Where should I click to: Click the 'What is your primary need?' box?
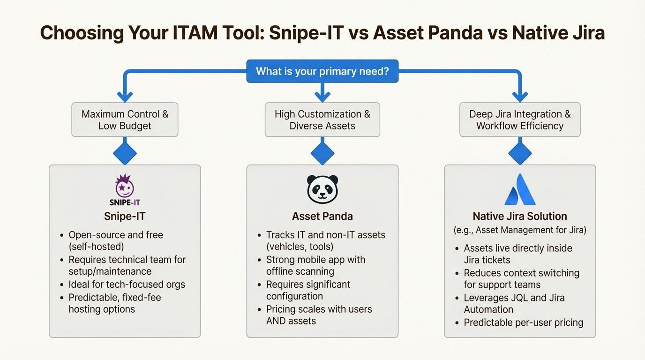tap(322, 71)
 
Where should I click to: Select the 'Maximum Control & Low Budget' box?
tap(125, 120)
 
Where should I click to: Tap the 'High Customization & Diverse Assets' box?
tap(322, 120)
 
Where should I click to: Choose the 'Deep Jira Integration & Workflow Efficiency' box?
tap(520, 120)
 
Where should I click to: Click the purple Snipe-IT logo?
tap(125, 190)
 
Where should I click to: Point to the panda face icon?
tap(322, 189)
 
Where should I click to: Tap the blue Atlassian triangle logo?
tap(520, 190)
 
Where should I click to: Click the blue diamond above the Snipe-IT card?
tap(125, 153)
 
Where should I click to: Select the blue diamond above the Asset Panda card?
tap(322, 153)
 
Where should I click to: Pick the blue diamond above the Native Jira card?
tap(520, 153)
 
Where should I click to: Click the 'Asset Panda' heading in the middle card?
tap(322, 217)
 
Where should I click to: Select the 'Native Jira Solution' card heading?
tap(520, 217)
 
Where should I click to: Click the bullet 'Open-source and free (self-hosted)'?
tap(116, 240)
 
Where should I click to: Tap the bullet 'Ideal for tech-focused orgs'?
tap(127, 285)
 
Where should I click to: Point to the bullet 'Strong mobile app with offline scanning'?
tap(315, 265)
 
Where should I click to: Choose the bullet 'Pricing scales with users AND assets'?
tap(319, 315)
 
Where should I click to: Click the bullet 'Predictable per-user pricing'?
tap(523, 322)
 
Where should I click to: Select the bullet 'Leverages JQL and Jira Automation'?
tap(514, 303)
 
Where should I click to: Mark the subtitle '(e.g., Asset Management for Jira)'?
tap(520, 230)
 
